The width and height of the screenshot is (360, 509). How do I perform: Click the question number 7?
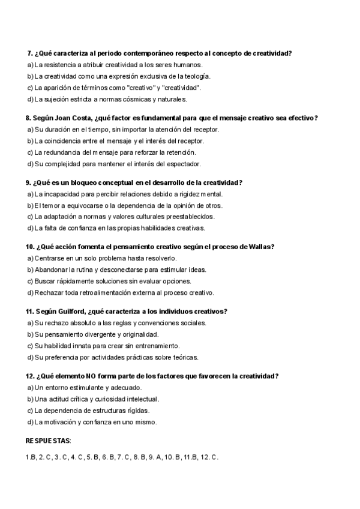click(x=31, y=53)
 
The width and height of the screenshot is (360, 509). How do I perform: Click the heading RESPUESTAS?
click(x=48, y=441)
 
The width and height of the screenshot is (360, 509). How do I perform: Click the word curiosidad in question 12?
click(x=119, y=399)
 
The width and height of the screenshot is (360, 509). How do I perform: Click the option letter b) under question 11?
click(x=30, y=334)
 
